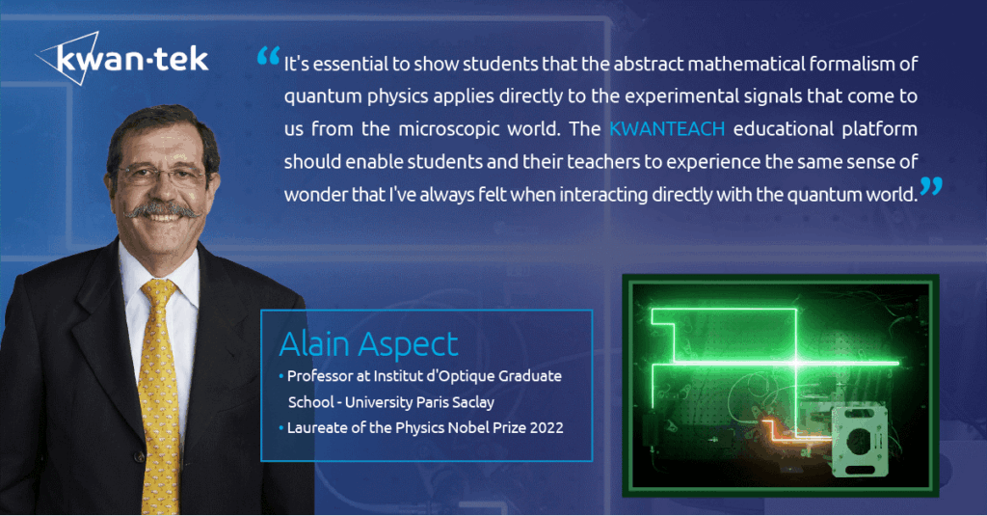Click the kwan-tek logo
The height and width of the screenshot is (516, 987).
(122, 58)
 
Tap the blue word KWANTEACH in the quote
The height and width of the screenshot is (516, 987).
(667, 128)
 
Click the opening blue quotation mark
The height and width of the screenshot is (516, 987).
(268, 56)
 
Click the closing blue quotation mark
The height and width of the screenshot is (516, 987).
(931, 186)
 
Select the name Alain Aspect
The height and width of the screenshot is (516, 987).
(368, 344)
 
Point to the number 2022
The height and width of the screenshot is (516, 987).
(547, 428)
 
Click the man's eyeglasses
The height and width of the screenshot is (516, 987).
(161, 176)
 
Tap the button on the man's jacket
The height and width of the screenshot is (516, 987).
(140, 457)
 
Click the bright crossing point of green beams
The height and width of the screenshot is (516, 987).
(796, 363)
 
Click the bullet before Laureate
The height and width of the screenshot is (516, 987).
(281, 428)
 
